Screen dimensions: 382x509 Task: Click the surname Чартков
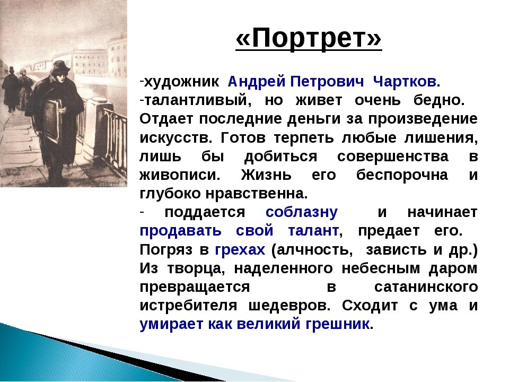click(406, 82)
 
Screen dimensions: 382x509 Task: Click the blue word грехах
click(240, 249)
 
